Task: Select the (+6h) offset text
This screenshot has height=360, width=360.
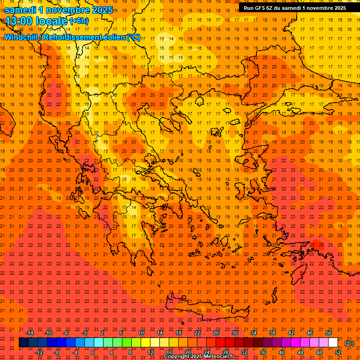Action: tap(79, 21)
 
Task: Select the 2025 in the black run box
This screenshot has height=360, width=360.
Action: tap(337, 8)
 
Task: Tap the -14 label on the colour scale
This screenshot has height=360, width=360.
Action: tap(30, 333)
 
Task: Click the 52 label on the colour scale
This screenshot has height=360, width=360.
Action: tap(338, 352)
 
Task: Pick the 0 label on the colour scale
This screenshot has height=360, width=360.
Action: tap(93, 352)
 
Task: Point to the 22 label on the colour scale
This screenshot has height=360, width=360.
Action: tap(197, 333)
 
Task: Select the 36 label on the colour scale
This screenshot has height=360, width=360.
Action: tap(263, 352)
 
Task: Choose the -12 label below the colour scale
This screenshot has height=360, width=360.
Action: tap(39, 352)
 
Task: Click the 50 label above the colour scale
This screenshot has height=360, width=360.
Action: tap(329, 333)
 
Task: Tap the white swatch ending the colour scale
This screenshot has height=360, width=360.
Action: tap(333, 343)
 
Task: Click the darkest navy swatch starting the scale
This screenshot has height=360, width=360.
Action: tap(23, 343)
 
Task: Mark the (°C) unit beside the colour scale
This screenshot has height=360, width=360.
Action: tap(349, 343)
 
